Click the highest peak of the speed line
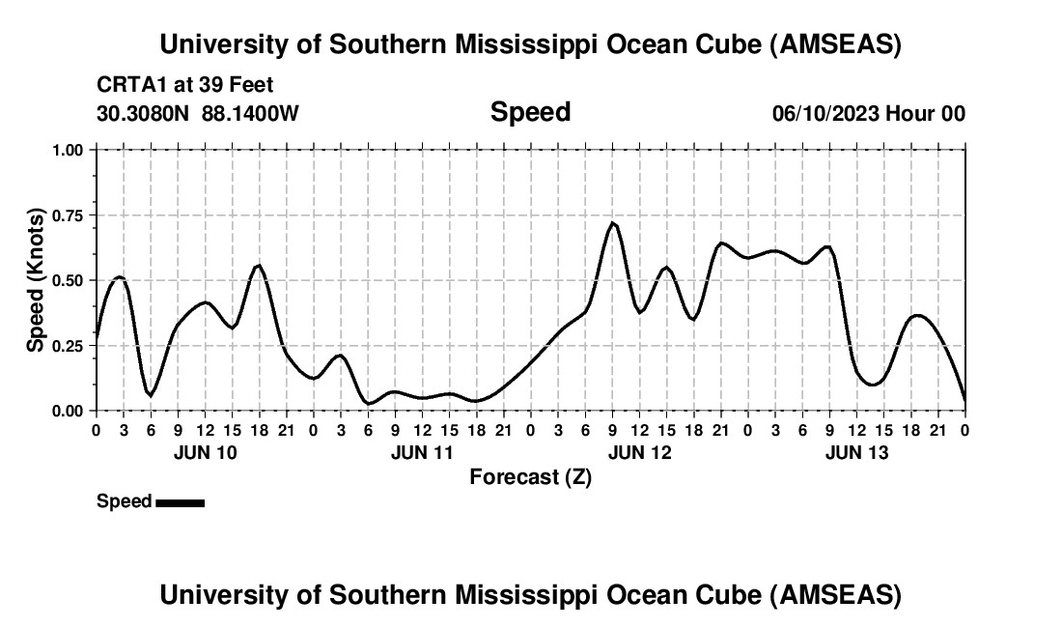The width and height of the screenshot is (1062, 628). point(612,223)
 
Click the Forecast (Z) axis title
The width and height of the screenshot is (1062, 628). point(530,476)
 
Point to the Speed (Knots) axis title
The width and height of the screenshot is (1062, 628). point(36,279)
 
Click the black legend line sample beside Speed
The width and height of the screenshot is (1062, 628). point(180,502)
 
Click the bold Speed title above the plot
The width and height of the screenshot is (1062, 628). point(530,112)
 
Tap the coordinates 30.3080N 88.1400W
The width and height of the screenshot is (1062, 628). point(198,113)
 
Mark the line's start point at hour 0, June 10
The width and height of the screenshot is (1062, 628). point(96,337)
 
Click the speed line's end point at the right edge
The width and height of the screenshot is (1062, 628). point(964,400)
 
